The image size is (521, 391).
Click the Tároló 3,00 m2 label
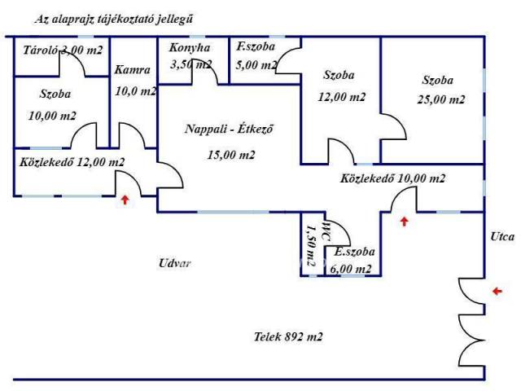(63, 51)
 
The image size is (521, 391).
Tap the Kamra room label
(130, 69)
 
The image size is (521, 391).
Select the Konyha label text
(190, 48)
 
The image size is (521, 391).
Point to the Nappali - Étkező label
(228, 130)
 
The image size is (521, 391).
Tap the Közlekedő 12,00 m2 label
(72, 162)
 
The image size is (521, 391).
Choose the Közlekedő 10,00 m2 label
(392, 178)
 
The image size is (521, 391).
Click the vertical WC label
(325, 229)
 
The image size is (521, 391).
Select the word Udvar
(175, 263)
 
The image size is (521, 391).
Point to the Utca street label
(502, 237)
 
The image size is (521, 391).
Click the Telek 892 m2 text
(288, 336)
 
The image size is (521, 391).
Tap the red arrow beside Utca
(498, 290)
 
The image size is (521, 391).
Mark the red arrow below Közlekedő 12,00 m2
(125, 198)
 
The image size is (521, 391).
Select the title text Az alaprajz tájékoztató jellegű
(114, 18)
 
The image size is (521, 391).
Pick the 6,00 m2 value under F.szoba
(352, 269)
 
